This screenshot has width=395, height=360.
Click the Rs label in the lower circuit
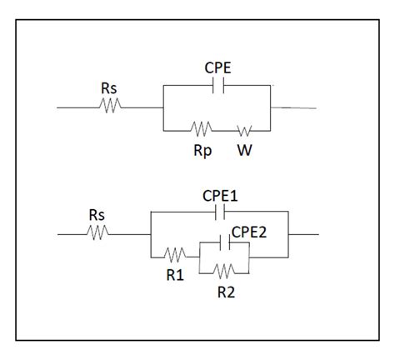(x=96, y=215)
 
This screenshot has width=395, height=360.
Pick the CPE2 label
(x=248, y=231)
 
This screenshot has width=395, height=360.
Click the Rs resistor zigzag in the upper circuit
(x=109, y=106)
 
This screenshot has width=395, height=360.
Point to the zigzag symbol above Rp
(x=201, y=130)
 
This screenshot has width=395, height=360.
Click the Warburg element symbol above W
(x=244, y=130)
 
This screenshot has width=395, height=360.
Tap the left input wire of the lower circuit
(x=70, y=234)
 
